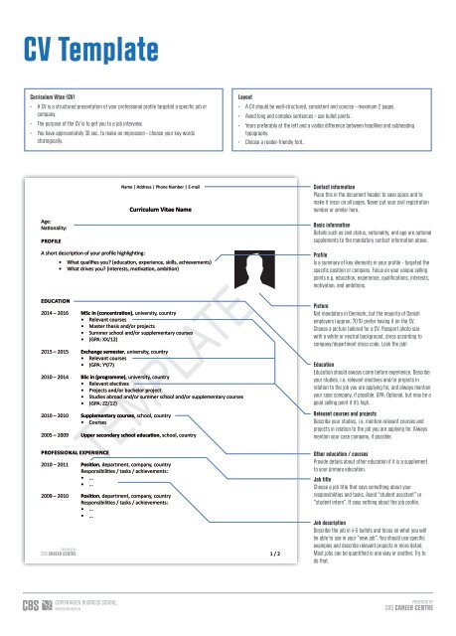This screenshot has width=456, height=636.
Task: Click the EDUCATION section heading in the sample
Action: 55,299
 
